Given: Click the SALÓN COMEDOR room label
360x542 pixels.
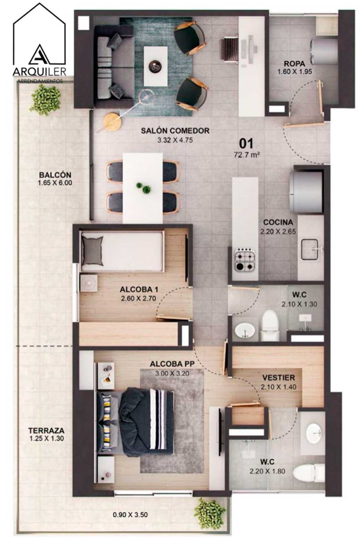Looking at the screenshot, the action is [175, 131].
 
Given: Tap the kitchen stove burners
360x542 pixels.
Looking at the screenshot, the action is [244, 259].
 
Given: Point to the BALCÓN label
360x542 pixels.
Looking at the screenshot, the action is [55, 175].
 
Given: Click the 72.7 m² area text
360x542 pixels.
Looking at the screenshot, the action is [246, 155].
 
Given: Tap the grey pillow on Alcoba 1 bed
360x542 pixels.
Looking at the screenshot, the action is [92, 251].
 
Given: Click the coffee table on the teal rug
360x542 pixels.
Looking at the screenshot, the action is [155, 66].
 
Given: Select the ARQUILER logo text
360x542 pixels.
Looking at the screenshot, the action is [39, 71].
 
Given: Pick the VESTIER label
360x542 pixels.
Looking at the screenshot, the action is [278, 377].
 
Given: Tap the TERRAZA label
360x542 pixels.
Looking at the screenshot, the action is [47, 431].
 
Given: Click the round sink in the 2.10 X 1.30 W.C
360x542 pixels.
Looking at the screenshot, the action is [245, 330].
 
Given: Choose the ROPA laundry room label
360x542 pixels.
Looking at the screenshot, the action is [294, 64].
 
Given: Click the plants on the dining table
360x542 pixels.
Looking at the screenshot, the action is [144, 188].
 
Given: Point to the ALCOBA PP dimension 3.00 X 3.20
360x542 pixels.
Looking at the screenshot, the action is [172, 373].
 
